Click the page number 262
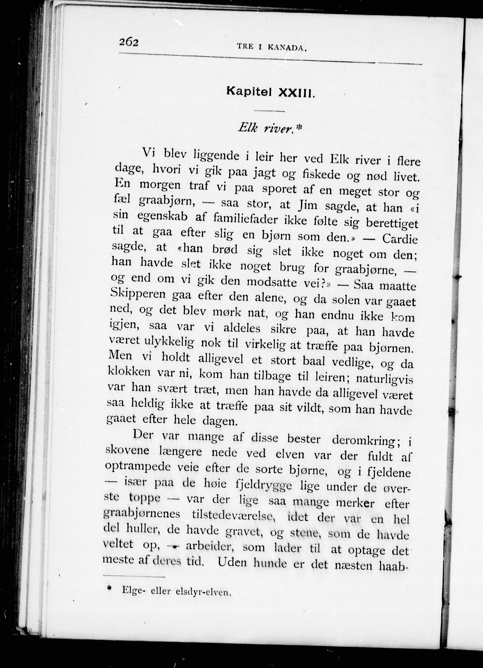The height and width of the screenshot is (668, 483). (129, 43)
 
